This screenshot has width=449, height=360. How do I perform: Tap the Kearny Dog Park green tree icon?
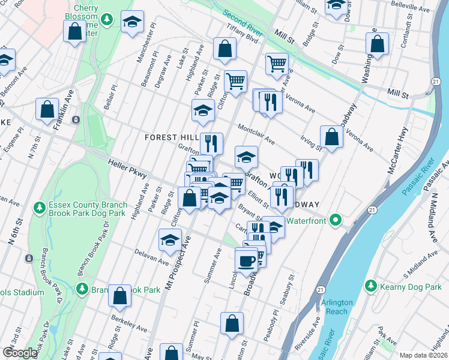click(x=370, y=285)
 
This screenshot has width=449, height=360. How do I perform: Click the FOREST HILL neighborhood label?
click(x=172, y=137)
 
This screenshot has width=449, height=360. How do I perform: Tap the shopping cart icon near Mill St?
click(x=277, y=62)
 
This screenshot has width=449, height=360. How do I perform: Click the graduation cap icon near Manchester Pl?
click(x=132, y=22)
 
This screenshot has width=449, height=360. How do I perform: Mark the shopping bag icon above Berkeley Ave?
click(x=120, y=295)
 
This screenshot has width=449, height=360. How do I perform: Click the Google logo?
click(x=20, y=352)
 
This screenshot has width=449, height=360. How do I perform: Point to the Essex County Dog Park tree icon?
click(x=40, y=208)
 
